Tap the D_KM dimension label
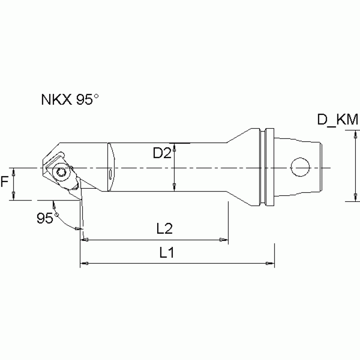click(x=337, y=120)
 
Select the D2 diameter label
click(x=161, y=153)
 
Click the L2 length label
click(x=165, y=229)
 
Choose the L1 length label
click(x=167, y=253)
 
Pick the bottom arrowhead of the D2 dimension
click(x=175, y=188)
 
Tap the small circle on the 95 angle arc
click(x=56, y=215)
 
